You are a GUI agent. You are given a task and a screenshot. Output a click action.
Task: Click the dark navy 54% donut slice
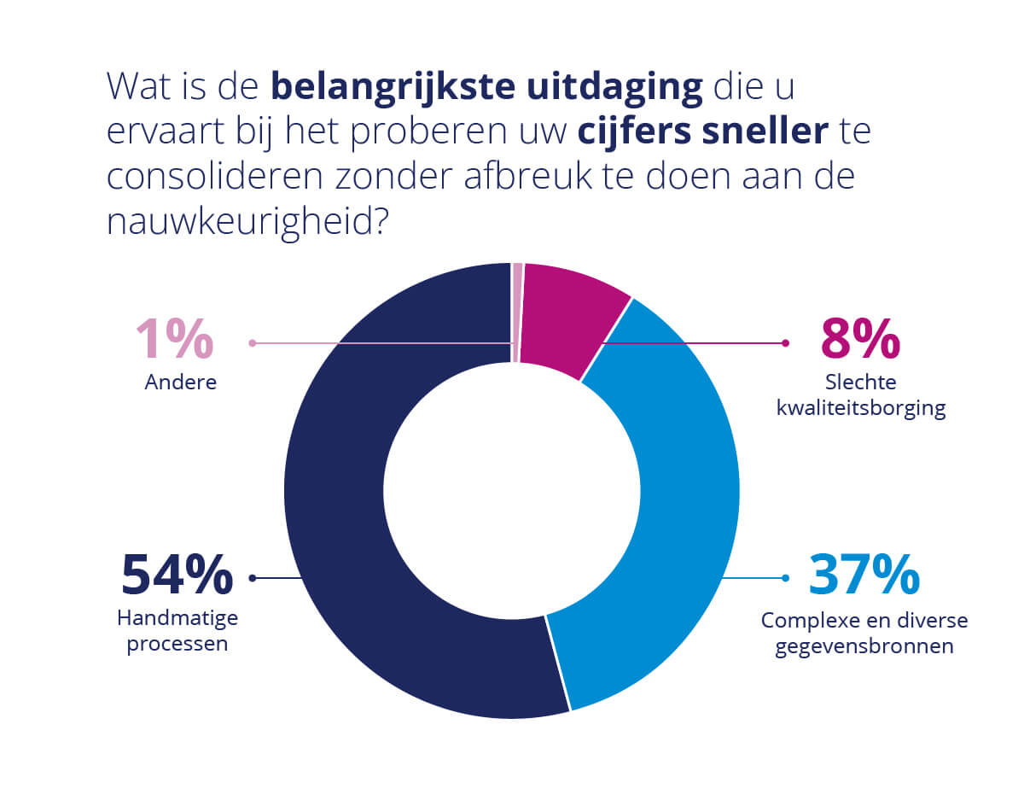click(341, 512)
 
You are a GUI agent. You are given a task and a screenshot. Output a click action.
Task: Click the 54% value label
click(177, 575)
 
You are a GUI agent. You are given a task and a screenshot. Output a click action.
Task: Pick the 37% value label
click(864, 575)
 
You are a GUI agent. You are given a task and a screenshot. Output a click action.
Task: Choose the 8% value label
click(860, 340)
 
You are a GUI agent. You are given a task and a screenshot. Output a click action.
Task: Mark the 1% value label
click(175, 340)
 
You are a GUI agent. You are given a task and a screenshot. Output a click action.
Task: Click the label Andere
click(180, 382)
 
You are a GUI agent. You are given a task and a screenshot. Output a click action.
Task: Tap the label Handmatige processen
click(177, 630)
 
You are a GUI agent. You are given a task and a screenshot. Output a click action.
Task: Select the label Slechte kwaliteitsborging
click(861, 395)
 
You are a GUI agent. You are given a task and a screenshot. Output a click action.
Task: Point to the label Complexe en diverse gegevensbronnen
click(864, 633)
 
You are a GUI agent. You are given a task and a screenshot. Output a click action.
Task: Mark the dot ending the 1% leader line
click(252, 343)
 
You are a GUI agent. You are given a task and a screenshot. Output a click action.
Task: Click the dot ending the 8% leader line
click(784, 343)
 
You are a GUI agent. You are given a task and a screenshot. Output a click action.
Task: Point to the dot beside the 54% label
click(252, 578)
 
